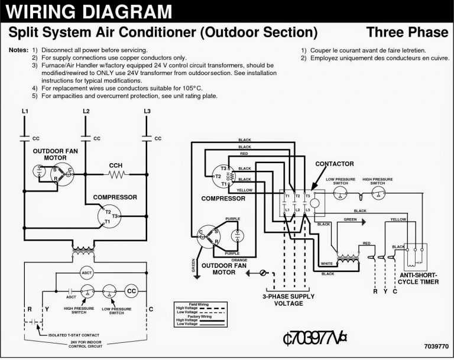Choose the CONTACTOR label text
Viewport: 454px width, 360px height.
[335, 163]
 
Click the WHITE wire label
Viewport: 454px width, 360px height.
[326, 263]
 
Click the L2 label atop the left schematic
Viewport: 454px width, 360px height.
[86, 111]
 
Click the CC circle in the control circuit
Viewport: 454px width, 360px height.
[132, 291]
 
